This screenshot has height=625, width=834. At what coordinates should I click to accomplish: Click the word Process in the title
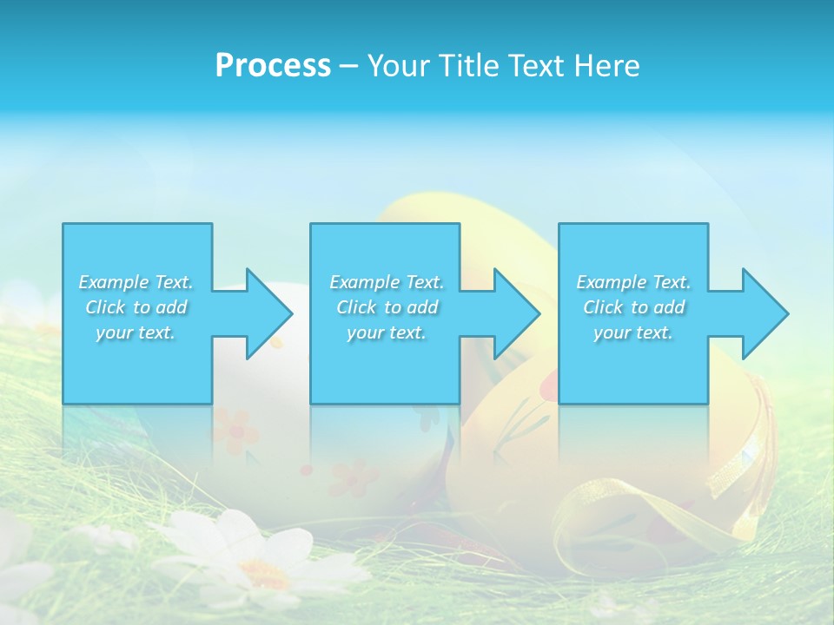pos(273,66)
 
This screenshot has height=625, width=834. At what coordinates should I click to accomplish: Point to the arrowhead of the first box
pos(266,313)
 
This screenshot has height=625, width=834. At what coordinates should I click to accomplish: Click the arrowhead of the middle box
pos(514,313)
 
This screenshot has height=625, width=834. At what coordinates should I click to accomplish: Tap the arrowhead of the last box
pos(763,313)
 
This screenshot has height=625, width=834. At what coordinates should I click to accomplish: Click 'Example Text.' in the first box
pos(136,282)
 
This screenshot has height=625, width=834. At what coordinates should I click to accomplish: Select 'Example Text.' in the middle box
pos(387,282)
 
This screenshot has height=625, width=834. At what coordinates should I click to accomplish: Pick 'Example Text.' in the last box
pos(633,282)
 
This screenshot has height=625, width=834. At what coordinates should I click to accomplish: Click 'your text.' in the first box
pos(136,332)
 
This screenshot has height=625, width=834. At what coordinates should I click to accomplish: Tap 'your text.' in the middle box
pos(387,332)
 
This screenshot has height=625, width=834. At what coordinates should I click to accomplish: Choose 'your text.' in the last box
pos(633,332)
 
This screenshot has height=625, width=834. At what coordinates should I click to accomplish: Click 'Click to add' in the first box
pos(136,307)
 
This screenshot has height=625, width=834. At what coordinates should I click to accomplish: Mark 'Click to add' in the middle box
pos(387,307)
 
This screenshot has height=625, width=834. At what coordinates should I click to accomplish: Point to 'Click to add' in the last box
pos(633,307)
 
